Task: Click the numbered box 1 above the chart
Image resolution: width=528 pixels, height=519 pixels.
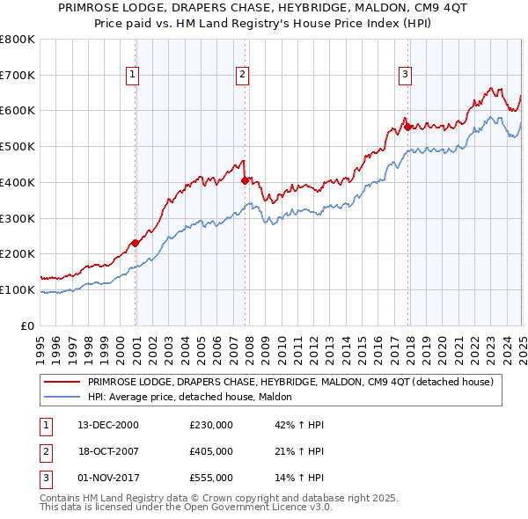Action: click(132, 76)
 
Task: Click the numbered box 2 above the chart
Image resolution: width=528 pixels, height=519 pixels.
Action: click(241, 76)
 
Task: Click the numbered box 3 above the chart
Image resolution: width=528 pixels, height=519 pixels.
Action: click(405, 76)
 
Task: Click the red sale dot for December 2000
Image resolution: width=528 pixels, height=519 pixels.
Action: click(135, 243)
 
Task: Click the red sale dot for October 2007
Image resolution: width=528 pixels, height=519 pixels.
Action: click(245, 180)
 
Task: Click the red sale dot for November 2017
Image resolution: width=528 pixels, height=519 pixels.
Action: click(407, 127)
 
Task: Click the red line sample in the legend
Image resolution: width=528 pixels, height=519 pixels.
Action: click(62, 382)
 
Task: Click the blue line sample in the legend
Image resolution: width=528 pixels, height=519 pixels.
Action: click(62, 397)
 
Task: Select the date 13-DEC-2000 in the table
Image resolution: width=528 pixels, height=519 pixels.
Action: click(108, 425)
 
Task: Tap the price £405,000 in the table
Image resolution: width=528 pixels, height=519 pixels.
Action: click(211, 451)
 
